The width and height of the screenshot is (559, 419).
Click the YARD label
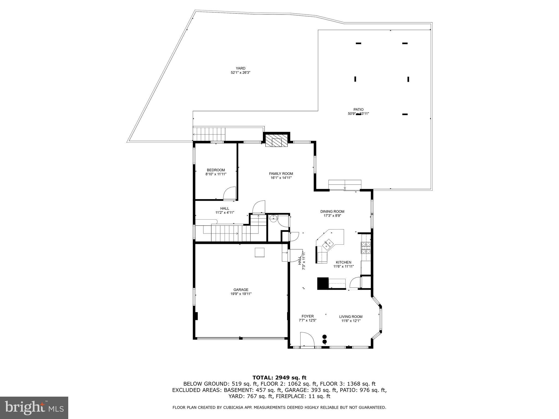(240, 68)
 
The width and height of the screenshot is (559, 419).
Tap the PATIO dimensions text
(358, 114)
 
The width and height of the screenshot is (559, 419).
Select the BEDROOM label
(216, 170)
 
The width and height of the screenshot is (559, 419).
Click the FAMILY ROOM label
(281, 173)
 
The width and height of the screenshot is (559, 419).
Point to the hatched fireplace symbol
(277, 141)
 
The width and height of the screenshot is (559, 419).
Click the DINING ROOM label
(332, 211)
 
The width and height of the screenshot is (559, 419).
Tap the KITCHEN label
(343, 262)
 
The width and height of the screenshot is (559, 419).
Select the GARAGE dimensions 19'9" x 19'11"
(241, 294)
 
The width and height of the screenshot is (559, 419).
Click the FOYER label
(308, 316)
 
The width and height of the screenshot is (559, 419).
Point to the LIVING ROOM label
(351, 317)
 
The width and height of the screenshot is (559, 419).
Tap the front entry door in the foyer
(307, 340)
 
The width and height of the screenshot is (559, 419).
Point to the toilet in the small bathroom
(273, 218)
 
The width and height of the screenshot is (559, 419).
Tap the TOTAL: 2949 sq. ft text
(279, 378)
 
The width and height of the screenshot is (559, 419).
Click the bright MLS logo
(34, 408)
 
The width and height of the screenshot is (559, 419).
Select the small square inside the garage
(260, 252)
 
